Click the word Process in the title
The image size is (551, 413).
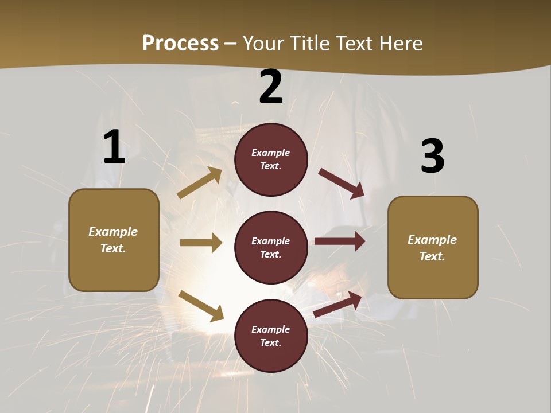coord(180,44)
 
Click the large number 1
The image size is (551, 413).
coord(114,147)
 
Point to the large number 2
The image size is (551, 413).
coord(271,87)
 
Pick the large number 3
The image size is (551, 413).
coord(432,157)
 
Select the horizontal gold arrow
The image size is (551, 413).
coord(201,243)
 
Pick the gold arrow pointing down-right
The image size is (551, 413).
coord(201,306)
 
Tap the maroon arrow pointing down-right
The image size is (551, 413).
coord(341,184)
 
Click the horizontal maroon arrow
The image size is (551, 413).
coord(340,241)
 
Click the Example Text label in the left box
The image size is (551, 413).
coord(113,240)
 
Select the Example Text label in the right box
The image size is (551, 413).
coord(432,248)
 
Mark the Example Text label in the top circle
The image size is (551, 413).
coord(271,159)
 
